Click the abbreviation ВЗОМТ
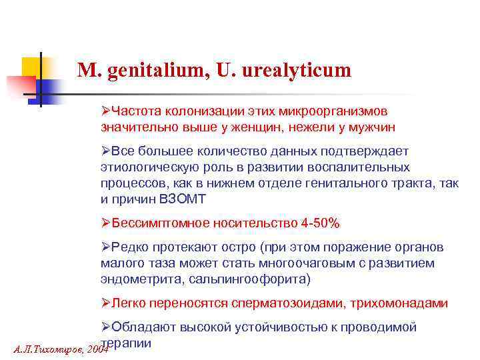pyautogui.click(x=188, y=198)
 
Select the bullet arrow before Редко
pyautogui.click(x=105, y=247)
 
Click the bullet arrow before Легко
pyautogui.click(x=105, y=303)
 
